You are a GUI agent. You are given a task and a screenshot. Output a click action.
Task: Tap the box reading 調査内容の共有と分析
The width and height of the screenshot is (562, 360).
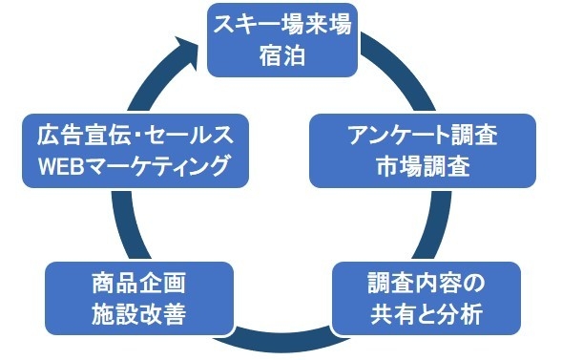pyautogui.click(x=427, y=299)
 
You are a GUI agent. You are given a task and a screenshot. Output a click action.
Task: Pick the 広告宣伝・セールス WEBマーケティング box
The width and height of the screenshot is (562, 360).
pyautogui.click(x=134, y=151)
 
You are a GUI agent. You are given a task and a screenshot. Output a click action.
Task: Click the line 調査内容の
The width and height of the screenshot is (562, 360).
pyautogui.click(x=427, y=284)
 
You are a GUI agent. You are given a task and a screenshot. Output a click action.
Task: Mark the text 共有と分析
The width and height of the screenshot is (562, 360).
pyautogui.click(x=427, y=314)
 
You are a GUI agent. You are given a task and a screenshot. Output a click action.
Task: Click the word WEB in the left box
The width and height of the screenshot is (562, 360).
pyautogui.click(x=61, y=166)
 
